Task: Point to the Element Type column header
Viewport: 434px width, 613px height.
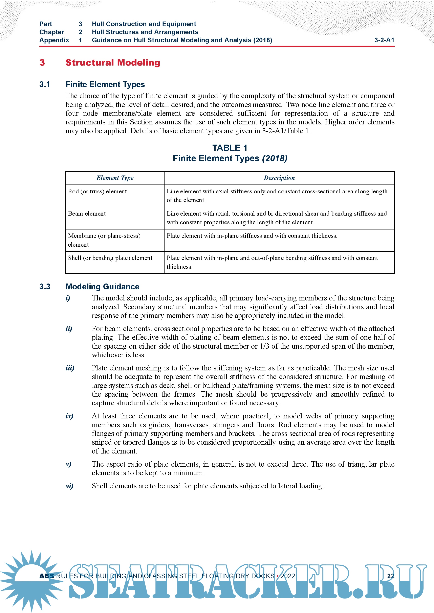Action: [x=115, y=178]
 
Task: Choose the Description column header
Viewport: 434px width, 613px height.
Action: [x=279, y=178]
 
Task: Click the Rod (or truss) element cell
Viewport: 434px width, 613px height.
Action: [x=97, y=191]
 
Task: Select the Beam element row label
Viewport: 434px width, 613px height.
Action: [x=87, y=214]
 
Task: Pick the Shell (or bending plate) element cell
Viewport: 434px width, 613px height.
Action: [x=110, y=258]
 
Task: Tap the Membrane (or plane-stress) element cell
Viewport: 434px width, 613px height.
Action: [x=104, y=240]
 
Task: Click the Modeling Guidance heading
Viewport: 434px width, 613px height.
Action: [x=102, y=287]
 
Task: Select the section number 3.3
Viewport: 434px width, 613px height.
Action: [x=45, y=287]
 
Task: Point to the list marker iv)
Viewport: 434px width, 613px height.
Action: [x=69, y=416]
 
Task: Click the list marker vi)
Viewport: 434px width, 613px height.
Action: [x=69, y=486]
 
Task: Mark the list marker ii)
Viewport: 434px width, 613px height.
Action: [x=69, y=329]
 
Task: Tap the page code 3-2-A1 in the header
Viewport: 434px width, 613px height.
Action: [x=384, y=40]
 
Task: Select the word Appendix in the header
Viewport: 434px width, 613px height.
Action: [x=54, y=40]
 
